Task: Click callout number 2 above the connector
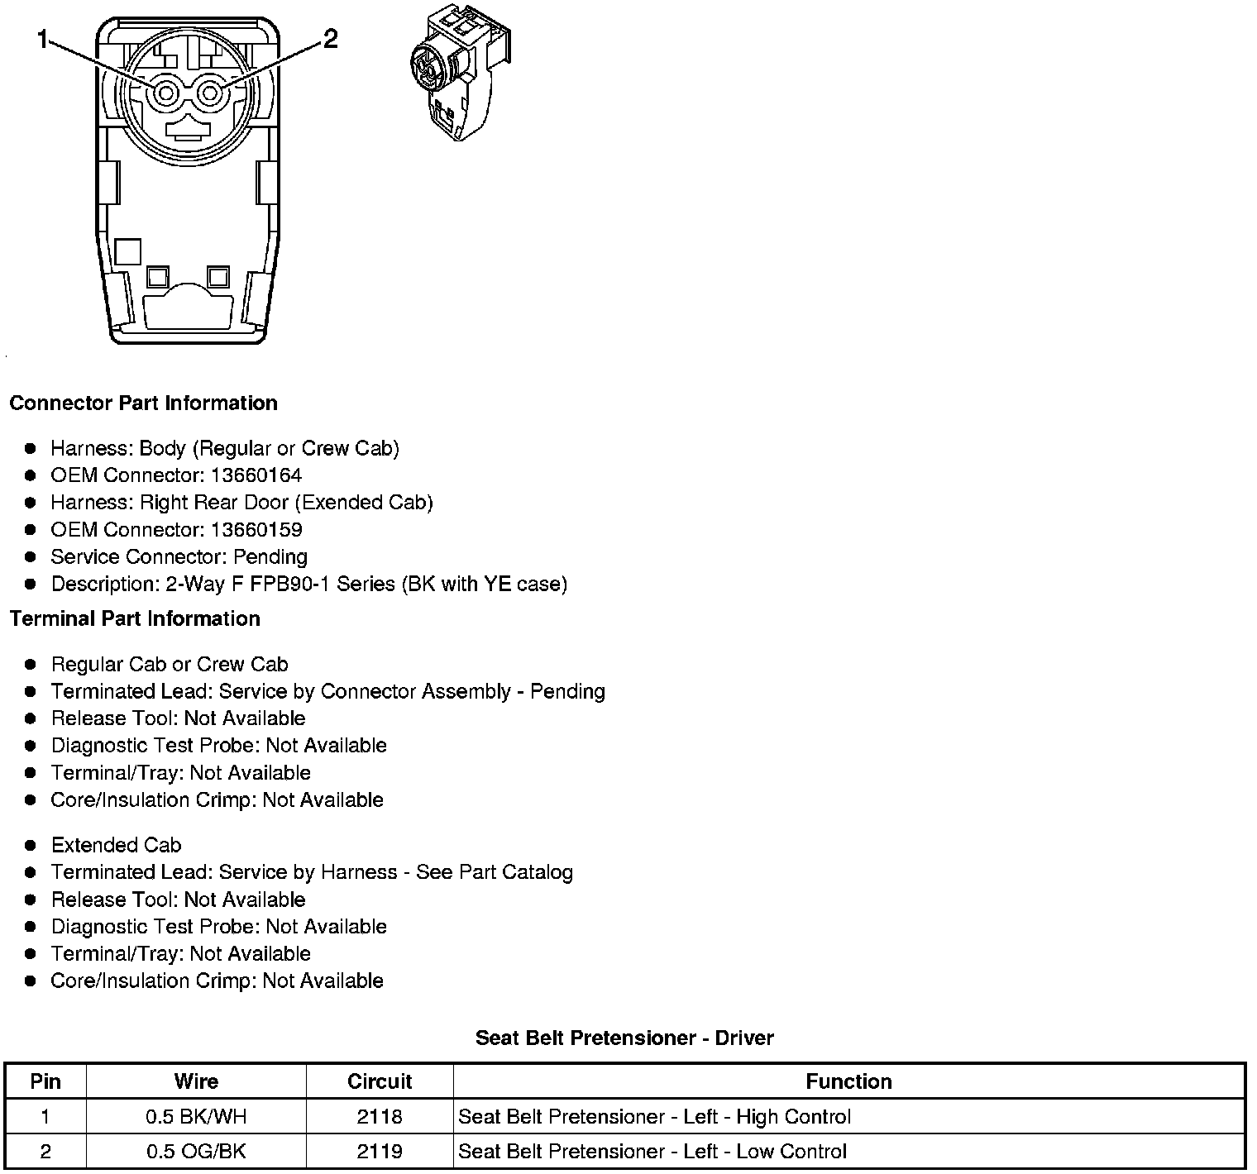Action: [x=330, y=39]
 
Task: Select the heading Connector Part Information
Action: [x=143, y=403]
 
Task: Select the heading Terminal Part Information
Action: [x=135, y=619]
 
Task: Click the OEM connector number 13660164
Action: [x=256, y=475]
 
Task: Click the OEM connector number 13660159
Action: [x=256, y=530]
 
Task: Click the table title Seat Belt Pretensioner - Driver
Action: [x=624, y=1038]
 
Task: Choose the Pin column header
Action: [x=45, y=1081]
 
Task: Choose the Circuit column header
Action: [x=380, y=1081]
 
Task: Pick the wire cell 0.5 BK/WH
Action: [x=196, y=1117]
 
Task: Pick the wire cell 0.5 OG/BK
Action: [x=196, y=1152]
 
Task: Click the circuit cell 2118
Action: [x=380, y=1117]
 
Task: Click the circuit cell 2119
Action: [x=380, y=1152]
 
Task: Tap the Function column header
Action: [x=848, y=1081]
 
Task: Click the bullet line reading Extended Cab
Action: [x=116, y=845]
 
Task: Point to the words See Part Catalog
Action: [x=494, y=872]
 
